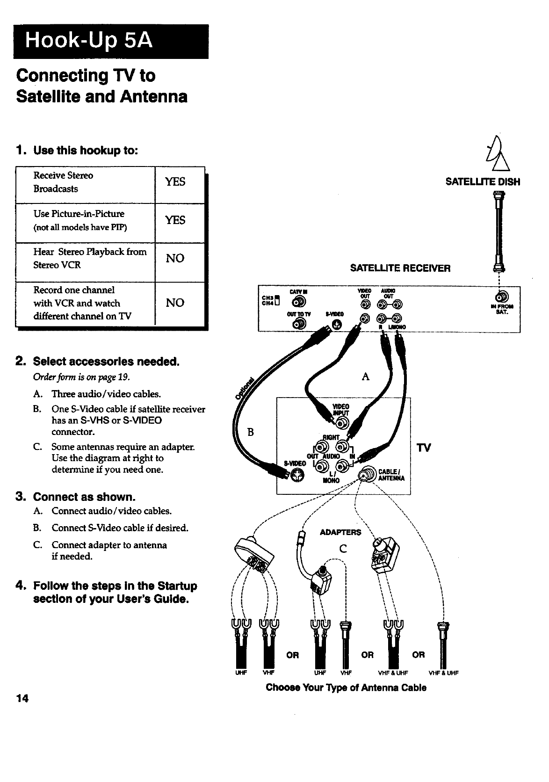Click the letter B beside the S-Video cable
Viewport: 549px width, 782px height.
250,432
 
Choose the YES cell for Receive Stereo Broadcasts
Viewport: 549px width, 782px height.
175,182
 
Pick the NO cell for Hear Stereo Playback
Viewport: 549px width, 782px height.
175,259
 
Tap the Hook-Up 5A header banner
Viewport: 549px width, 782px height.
111,41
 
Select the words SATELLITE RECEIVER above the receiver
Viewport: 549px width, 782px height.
400,268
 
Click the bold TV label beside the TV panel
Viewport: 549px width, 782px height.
424,448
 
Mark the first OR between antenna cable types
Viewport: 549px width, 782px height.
292,655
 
